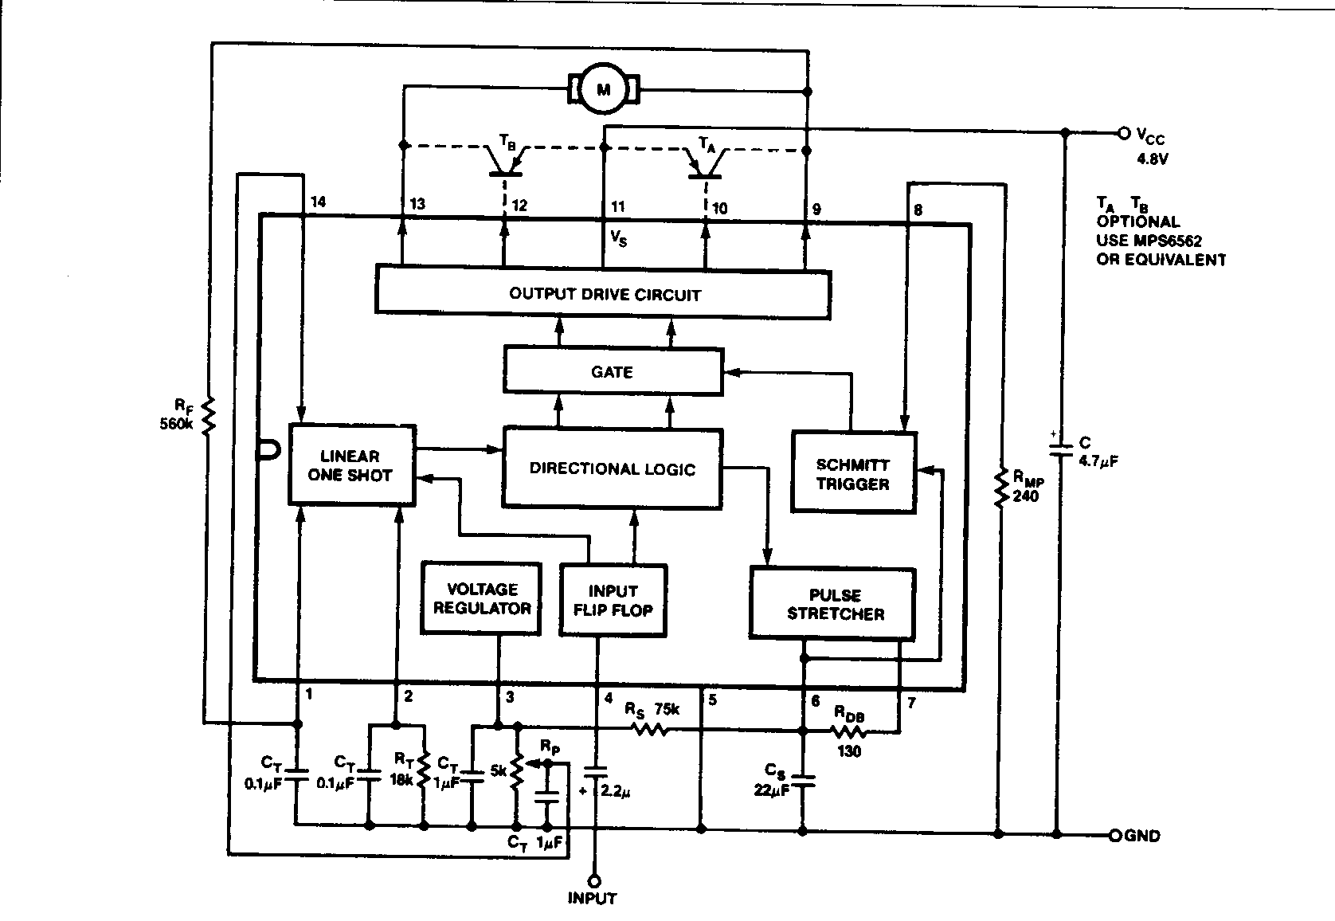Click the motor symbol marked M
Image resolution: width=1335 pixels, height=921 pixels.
[603, 89]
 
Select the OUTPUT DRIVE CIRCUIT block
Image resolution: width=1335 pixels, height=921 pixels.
[603, 294]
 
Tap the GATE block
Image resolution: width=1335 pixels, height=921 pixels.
[613, 370]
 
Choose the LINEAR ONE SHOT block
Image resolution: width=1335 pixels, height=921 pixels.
[351, 465]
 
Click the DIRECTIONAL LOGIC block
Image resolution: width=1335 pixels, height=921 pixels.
[613, 468]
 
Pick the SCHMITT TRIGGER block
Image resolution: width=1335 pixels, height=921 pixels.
[853, 472]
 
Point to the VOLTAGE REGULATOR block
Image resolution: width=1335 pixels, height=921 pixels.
[482, 598]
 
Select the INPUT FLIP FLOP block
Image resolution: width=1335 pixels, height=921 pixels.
[613, 600]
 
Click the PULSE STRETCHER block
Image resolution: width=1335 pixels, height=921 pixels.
[832, 604]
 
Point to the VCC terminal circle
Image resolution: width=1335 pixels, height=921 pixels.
[1123, 133]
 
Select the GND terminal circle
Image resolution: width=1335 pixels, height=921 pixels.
[1115, 835]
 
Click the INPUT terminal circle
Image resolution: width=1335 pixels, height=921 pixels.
[594, 881]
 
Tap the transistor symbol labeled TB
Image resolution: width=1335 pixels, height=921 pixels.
[505, 161]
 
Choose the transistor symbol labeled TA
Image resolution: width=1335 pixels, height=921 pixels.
[705, 163]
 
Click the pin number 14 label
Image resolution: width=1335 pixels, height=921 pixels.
[319, 202]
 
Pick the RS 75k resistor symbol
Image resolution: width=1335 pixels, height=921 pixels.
[650, 729]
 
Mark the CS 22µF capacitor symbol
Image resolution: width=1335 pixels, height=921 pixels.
[803, 782]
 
